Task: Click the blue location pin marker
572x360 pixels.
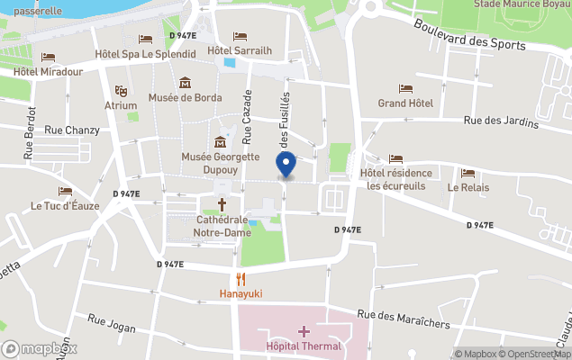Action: (286, 165)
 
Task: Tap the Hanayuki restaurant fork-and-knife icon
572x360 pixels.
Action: (240, 278)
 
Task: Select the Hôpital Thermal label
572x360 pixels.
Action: (304, 346)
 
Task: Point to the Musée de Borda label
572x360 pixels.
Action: (186, 97)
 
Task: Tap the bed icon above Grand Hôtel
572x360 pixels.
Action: (405, 89)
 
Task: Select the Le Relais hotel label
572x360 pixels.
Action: (468, 188)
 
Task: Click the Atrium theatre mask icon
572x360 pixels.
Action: (121, 90)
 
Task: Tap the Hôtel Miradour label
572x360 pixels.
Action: (49, 71)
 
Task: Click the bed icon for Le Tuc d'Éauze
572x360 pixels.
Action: (65, 192)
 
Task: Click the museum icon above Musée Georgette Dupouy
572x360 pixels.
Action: (221, 142)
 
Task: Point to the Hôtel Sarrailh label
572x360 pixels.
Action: (241, 50)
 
